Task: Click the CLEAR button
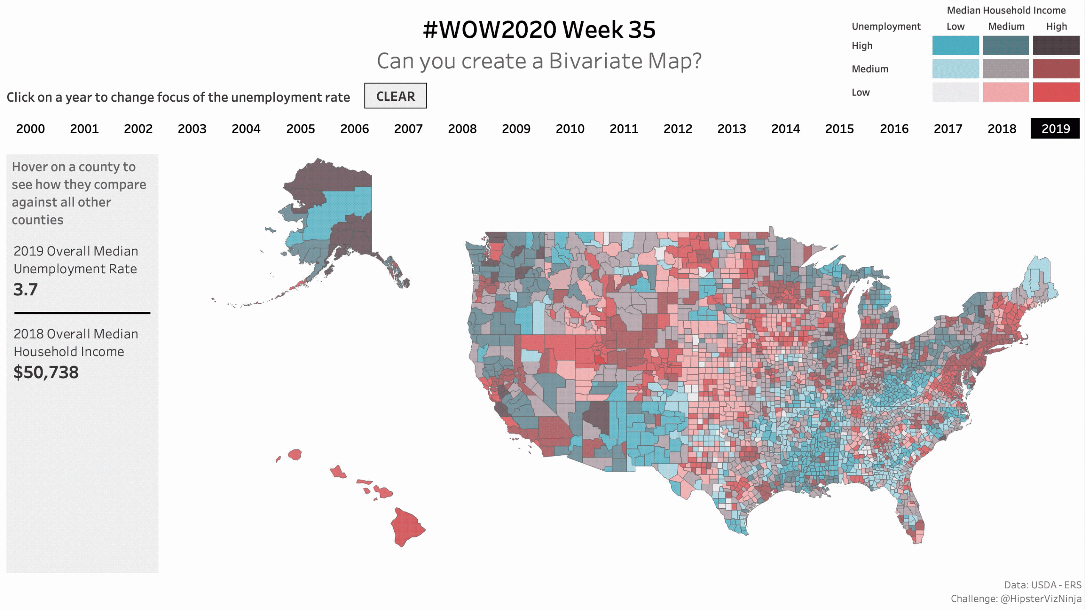click(x=395, y=96)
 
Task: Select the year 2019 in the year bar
click(x=1055, y=128)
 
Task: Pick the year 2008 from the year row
click(x=462, y=128)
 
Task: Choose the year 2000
click(x=31, y=128)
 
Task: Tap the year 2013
click(x=732, y=128)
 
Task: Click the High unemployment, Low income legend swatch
click(x=955, y=45)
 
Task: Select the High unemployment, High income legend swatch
click(x=1056, y=45)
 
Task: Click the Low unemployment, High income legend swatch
click(x=1056, y=92)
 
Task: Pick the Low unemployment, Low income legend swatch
click(x=955, y=92)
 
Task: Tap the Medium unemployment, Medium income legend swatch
click(x=1006, y=69)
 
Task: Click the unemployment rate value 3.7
click(x=25, y=290)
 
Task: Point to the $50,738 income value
click(x=46, y=372)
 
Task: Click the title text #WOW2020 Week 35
click(x=539, y=30)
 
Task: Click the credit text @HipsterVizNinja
click(x=1040, y=599)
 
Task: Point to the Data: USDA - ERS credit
click(x=1043, y=585)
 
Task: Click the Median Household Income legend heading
click(x=1006, y=10)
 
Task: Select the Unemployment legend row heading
click(x=886, y=26)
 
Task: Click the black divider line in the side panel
click(x=82, y=313)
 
